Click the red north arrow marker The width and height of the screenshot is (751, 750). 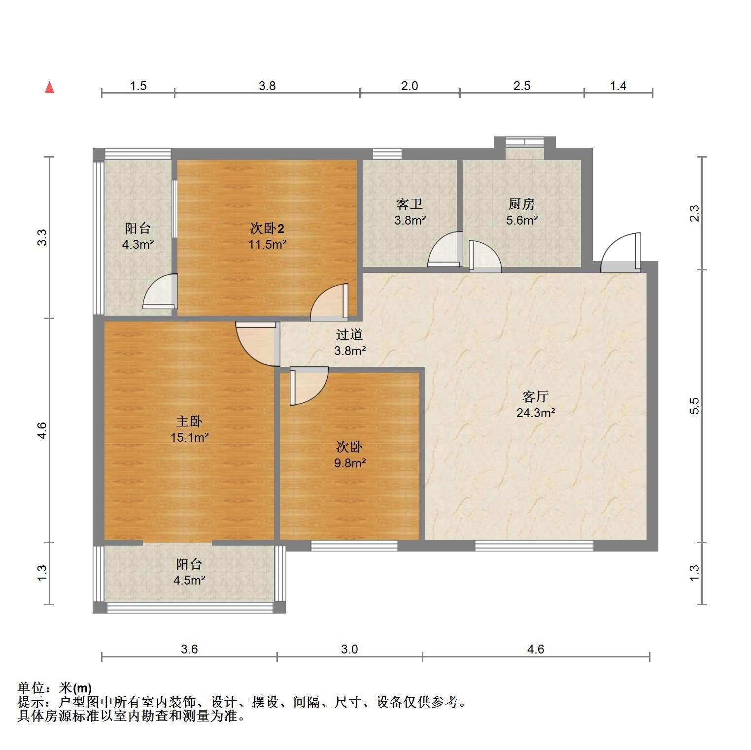tap(49, 87)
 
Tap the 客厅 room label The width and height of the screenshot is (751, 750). tap(536, 396)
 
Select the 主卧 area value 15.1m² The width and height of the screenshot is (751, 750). tap(190, 437)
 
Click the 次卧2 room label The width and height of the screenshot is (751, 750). tap(267, 228)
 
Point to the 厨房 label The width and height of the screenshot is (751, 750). tap(521, 204)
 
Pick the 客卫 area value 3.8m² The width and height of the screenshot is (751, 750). tap(410, 220)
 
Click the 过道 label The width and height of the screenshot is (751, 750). tap(349, 335)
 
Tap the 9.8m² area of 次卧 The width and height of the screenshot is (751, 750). tap(349, 463)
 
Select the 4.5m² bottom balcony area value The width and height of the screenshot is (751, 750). tap(189, 580)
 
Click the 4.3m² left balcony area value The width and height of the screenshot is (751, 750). tap(138, 244)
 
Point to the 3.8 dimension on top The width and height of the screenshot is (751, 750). tap(267, 86)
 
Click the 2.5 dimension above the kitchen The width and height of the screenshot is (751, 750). tap(522, 86)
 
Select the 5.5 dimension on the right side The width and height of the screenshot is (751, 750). tap(694, 406)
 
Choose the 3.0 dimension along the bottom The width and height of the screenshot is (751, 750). tap(349, 650)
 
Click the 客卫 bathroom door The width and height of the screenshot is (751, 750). tap(445, 249)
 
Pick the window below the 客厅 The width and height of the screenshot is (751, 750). tap(534, 546)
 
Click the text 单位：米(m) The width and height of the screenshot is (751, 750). tap(54, 688)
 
